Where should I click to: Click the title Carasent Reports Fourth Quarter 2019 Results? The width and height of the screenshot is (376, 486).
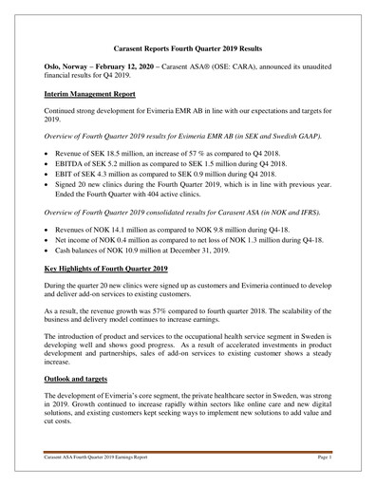pyautogui.click(x=187, y=46)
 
